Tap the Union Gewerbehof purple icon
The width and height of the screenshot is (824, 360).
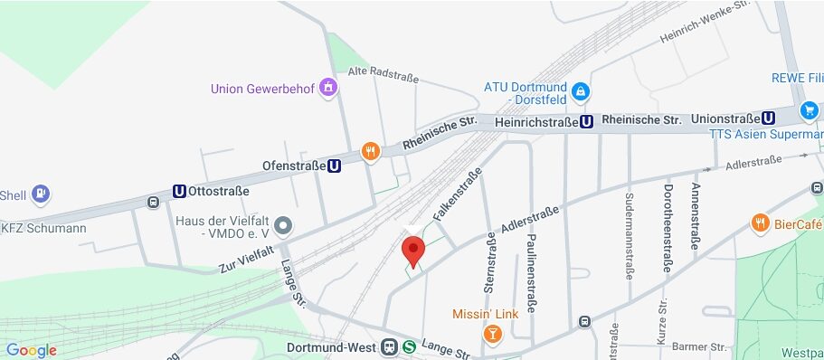327,88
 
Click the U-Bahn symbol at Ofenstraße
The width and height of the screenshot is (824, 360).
335,166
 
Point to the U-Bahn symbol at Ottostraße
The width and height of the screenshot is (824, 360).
179,191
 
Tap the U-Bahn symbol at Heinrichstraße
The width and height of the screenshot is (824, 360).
587,120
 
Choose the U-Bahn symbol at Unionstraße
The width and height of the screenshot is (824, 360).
768,118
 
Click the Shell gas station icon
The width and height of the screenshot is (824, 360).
40,194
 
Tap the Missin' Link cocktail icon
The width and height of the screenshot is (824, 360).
492,335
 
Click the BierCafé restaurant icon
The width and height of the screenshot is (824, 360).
760,223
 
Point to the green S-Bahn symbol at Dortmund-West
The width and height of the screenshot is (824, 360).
410,346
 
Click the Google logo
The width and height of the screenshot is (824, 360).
32,350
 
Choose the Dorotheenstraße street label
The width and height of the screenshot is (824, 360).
668,226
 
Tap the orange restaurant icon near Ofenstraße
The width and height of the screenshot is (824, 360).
369,151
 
